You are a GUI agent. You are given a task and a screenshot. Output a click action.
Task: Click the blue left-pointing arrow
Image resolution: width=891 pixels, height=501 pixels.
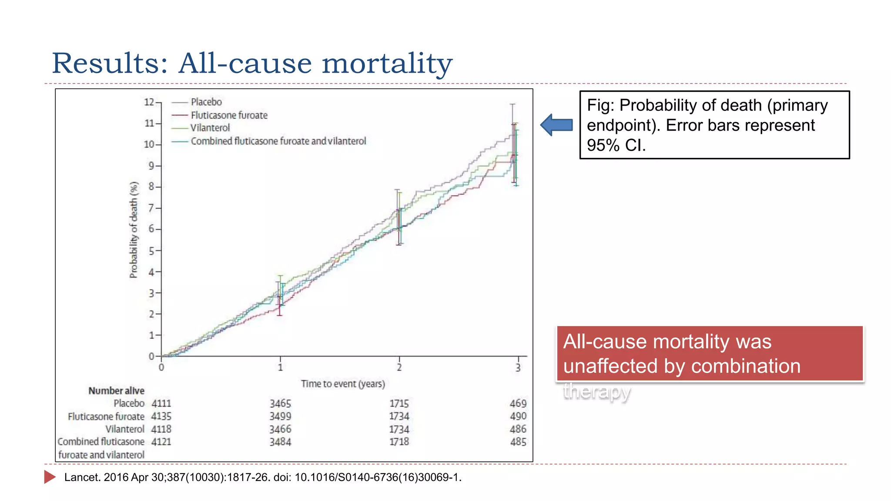click(x=556, y=125)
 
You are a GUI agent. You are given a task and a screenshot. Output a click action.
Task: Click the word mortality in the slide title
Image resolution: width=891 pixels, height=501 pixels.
click(x=387, y=63)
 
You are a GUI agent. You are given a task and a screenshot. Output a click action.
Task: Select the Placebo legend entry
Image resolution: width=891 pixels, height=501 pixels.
click(x=206, y=102)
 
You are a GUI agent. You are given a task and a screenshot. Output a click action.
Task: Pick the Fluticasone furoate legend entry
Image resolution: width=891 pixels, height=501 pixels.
click(x=229, y=115)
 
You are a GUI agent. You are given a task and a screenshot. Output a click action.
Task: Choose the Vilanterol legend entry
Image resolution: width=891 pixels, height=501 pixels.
click(x=210, y=128)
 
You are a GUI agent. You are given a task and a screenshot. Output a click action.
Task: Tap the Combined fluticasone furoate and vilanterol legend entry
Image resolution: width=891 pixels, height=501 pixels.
click(x=278, y=141)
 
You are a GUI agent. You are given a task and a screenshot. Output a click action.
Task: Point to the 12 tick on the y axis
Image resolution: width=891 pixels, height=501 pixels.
click(x=149, y=102)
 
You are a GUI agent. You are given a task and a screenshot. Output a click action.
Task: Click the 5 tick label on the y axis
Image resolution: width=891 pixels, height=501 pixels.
click(x=151, y=251)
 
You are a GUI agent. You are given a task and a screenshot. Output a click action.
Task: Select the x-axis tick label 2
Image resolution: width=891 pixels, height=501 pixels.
click(x=399, y=367)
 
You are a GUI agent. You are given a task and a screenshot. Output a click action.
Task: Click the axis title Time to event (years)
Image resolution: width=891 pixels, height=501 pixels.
click(x=343, y=384)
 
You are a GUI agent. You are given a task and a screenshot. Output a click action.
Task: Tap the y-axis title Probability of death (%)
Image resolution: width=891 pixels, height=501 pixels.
click(x=134, y=230)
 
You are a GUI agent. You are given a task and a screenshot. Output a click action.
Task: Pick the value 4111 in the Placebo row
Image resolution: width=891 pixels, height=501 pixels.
click(x=161, y=404)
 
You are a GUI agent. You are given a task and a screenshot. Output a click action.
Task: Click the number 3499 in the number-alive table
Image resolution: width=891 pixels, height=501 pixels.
click(x=280, y=416)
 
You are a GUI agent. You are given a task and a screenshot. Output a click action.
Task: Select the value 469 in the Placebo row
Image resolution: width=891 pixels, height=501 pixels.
click(x=518, y=404)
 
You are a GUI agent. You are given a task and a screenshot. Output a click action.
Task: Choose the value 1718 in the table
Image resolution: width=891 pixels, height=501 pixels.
click(x=399, y=441)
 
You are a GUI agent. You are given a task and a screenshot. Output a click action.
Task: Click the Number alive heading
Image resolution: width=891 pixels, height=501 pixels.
click(x=116, y=391)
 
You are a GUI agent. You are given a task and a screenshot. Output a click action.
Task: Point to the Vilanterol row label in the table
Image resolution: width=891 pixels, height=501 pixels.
click(x=124, y=429)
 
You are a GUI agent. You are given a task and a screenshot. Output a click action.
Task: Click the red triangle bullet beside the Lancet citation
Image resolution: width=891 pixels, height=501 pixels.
click(x=50, y=477)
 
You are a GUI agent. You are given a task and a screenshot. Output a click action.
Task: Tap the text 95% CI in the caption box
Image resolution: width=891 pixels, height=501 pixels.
click(x=616, y=145)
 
